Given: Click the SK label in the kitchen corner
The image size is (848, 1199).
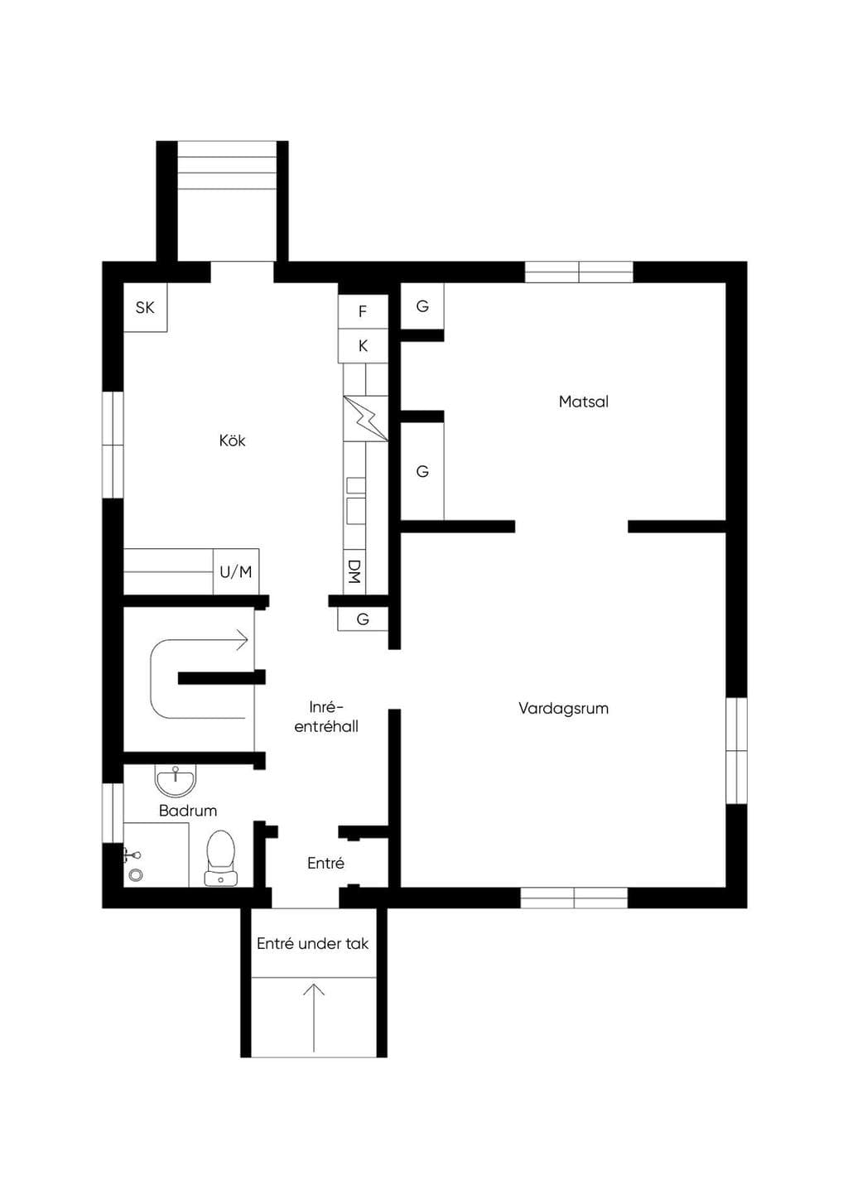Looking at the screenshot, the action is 145,308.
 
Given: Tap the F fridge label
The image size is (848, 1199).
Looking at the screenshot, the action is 363,311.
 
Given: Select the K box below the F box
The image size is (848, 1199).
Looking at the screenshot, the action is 363,346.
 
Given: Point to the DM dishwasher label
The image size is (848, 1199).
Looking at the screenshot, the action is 354,571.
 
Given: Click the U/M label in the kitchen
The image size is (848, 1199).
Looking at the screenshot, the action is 236,572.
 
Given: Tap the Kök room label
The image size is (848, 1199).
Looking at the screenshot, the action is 233,441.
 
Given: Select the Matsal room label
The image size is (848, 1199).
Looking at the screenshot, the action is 584,402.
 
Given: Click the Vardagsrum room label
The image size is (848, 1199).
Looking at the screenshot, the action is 563,709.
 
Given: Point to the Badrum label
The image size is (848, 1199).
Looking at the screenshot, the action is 188,811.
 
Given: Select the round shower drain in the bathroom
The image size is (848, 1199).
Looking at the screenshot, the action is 136,875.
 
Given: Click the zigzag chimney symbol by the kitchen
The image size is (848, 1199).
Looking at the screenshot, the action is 366,419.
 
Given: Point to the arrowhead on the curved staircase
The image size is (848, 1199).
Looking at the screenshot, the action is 243,639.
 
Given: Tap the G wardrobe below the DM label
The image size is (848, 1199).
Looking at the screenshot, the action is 363,619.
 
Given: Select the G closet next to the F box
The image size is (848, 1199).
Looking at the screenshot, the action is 422,306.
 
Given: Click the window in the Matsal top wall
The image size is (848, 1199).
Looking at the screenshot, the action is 579,272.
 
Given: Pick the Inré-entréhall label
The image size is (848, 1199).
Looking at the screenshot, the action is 326,717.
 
